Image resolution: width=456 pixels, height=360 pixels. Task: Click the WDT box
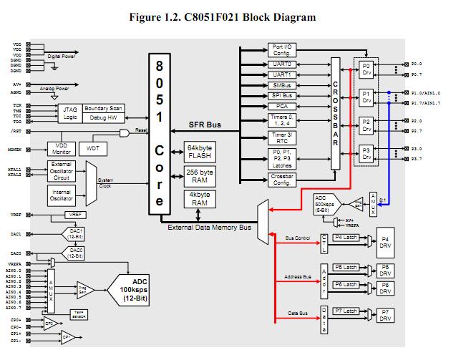click(92, 147)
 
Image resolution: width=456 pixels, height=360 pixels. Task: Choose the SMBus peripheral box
click(281, 84)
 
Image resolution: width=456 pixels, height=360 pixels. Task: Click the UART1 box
click(281, 74)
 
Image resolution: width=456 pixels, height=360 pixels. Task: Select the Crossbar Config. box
click(281, 180)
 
